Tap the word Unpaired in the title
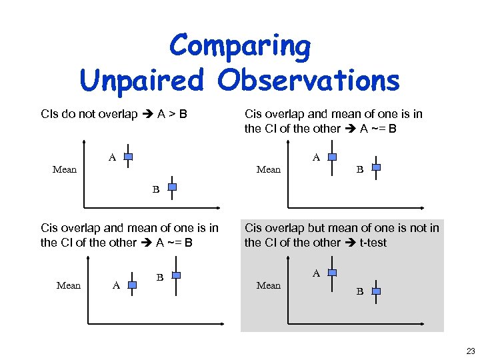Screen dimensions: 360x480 [x=143, y=81]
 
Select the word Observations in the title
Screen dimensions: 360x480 [x=309, y=81]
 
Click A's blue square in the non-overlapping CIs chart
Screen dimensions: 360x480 [x=129, y=157]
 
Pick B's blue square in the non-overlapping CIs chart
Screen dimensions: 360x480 [x=172, y=187]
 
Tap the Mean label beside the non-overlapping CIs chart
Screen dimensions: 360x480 [x=65, y=169]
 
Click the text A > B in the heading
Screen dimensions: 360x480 [x=172, y=114]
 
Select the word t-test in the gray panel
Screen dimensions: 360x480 [x=373, y=242]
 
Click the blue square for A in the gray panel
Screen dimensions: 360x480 [x=333, y=273]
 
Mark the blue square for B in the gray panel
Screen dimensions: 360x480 [x=376, y=291]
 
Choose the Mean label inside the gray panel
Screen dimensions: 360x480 [x=269, y=285]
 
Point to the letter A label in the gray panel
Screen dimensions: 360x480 [x=317, y=273]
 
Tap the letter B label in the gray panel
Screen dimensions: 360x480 [x=360, y=292]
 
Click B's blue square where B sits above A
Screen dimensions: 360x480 [x=176, y=275]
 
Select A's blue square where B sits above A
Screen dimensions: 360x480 [x=132, y=285]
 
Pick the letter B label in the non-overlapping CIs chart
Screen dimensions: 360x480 [x=156, y=189]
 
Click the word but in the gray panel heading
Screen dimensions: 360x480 [x=318, y=228]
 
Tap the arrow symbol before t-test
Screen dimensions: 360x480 [x=351, y=242]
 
